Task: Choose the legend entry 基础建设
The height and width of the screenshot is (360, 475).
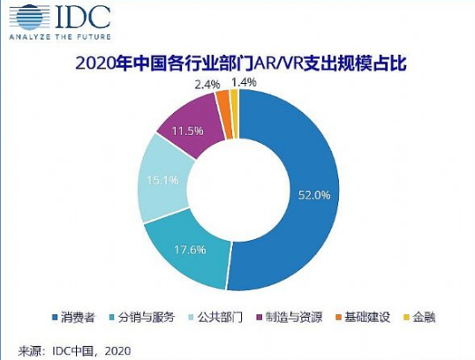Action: (360, 315)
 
